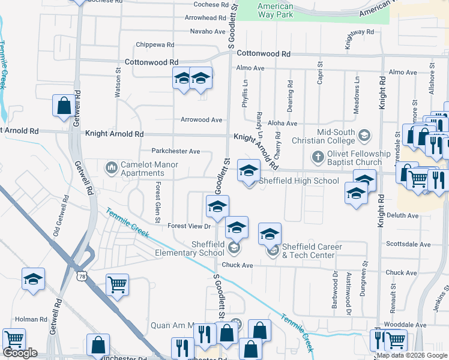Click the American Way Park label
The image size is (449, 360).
click(x=275, y=10)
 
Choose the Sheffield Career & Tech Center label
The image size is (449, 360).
click(x=312, y=251)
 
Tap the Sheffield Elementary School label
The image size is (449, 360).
click(x=208, y=248)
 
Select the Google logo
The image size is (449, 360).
click(x=20, y=353)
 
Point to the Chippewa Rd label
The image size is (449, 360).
click(x=155, y=44)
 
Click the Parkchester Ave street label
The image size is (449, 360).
click(x=175, y=151)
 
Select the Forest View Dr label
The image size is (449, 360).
click(x=189, y=226)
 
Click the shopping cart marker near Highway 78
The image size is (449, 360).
click(x=117, y=284)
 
